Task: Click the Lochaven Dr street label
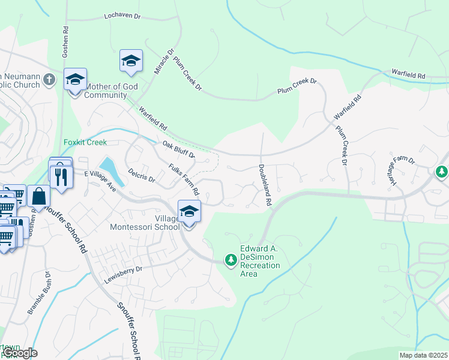tap(122, 16)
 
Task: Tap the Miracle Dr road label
tap(163, 61)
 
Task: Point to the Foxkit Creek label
tap(85, 142)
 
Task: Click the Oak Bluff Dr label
tap(179, 149)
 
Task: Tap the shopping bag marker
tap(38, 196)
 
